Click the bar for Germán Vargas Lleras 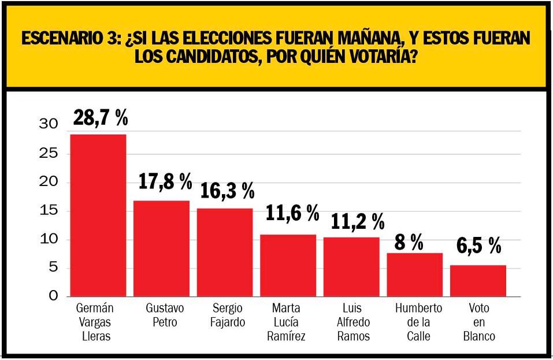pos(98,215)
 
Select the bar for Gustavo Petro pos(161,248)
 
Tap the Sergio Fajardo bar pos(225,252)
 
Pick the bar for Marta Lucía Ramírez pos(288,265)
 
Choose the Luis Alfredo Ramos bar pos(351,266)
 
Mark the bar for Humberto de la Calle pos(415,274)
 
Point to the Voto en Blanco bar pos(478,281)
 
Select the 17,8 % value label pos(165,182)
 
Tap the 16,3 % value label pos(227,190)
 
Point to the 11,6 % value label pos(292,213)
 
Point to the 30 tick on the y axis pos(49,124)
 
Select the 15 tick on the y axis pos(49,210)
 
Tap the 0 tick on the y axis pos(53,296)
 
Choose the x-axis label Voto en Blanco pos(478,322)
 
